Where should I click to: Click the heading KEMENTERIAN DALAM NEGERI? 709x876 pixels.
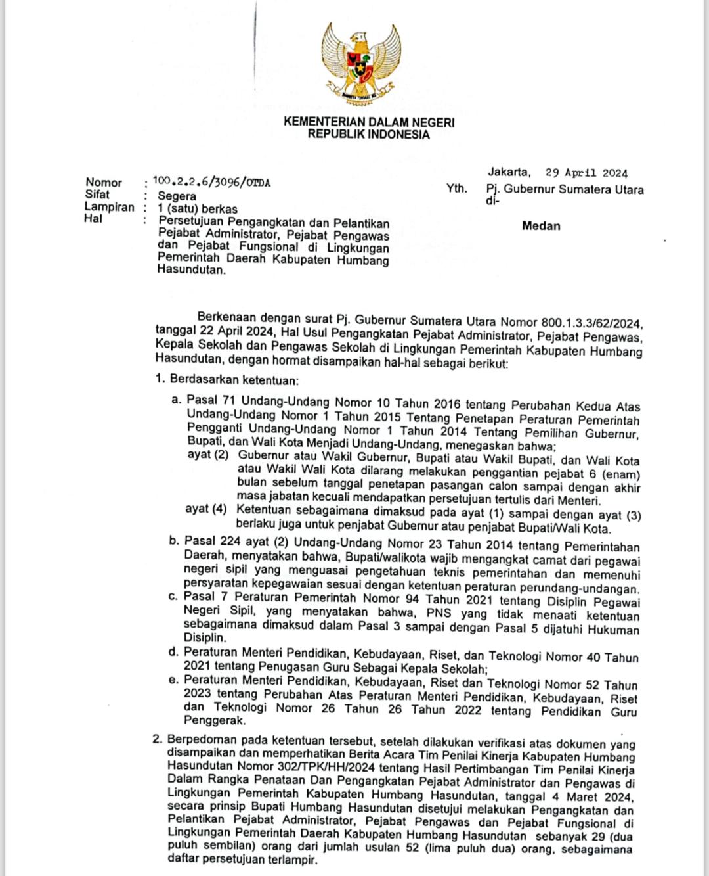368,122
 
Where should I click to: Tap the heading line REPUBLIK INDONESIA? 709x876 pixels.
368,135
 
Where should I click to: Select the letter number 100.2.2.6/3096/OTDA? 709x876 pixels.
211,181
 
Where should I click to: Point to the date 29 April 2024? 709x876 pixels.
586,173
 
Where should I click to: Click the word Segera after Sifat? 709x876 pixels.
177,196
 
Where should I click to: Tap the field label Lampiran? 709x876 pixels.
109,207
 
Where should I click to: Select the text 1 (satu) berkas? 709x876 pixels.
198,209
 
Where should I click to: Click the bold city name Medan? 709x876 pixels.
541,226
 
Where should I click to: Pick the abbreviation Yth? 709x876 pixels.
457,189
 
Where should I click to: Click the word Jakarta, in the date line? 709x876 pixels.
509,172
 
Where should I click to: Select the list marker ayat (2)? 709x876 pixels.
207,455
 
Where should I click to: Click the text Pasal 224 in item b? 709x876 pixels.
210,542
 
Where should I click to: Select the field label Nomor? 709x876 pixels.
104,183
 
